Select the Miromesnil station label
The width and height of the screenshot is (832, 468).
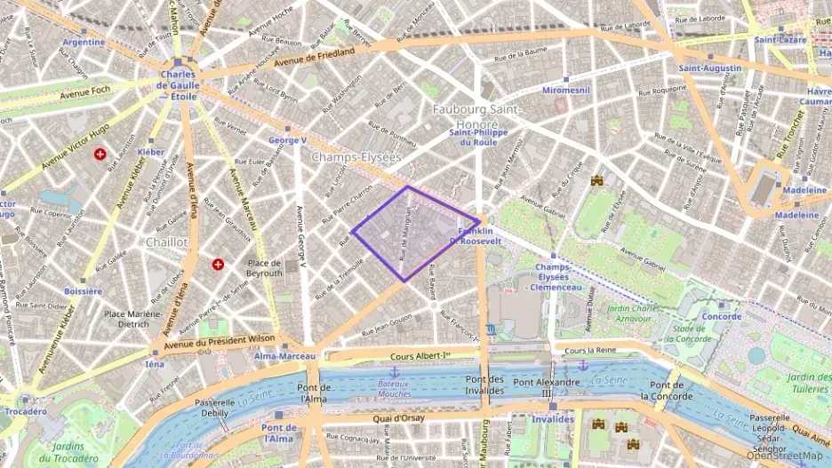(566, 91)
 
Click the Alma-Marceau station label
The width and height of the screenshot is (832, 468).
(285, 355)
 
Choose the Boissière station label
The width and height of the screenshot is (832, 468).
(84, 290)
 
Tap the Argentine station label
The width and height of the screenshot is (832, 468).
(84, 42)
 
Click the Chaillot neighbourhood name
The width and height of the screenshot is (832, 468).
(166, 242)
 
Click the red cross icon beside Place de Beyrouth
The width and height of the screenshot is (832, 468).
(218, 265)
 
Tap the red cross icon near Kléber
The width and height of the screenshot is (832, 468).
(100, 154)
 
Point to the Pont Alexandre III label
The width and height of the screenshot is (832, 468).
(548, 387)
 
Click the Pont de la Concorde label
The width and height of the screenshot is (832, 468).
(667, 390)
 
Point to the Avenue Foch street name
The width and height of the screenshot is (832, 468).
(84, 91)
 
